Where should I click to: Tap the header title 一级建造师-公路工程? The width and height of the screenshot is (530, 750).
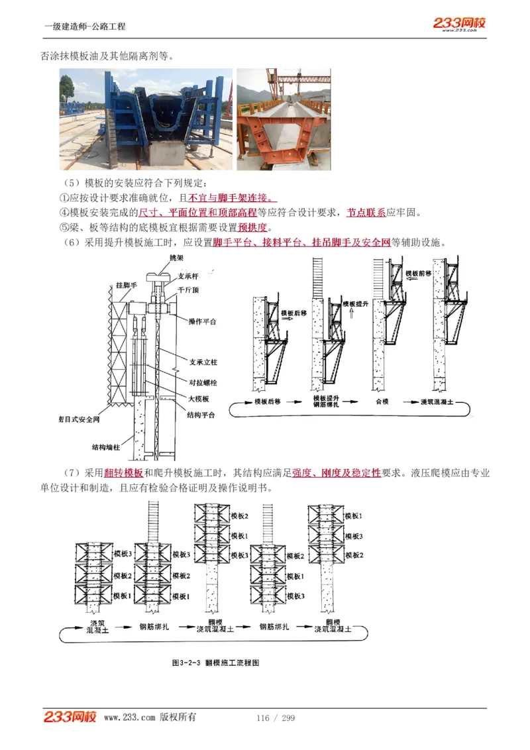point(84,27)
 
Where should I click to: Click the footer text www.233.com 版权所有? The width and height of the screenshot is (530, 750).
point(150,718)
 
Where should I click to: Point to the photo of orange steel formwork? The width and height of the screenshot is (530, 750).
point(284,119)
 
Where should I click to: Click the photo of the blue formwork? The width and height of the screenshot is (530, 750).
point(146,119)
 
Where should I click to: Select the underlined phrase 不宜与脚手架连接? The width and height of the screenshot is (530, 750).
point(232,198)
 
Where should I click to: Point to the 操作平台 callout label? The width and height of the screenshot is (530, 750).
point(203,321)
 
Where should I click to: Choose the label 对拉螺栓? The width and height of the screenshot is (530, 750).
point(201,382)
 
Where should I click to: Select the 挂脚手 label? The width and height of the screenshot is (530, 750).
point(126,285)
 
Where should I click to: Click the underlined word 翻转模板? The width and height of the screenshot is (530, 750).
point(123,473)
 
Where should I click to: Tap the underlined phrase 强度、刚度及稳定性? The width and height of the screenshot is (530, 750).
point(337,473)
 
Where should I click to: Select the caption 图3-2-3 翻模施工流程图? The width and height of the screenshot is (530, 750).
point(215,662)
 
